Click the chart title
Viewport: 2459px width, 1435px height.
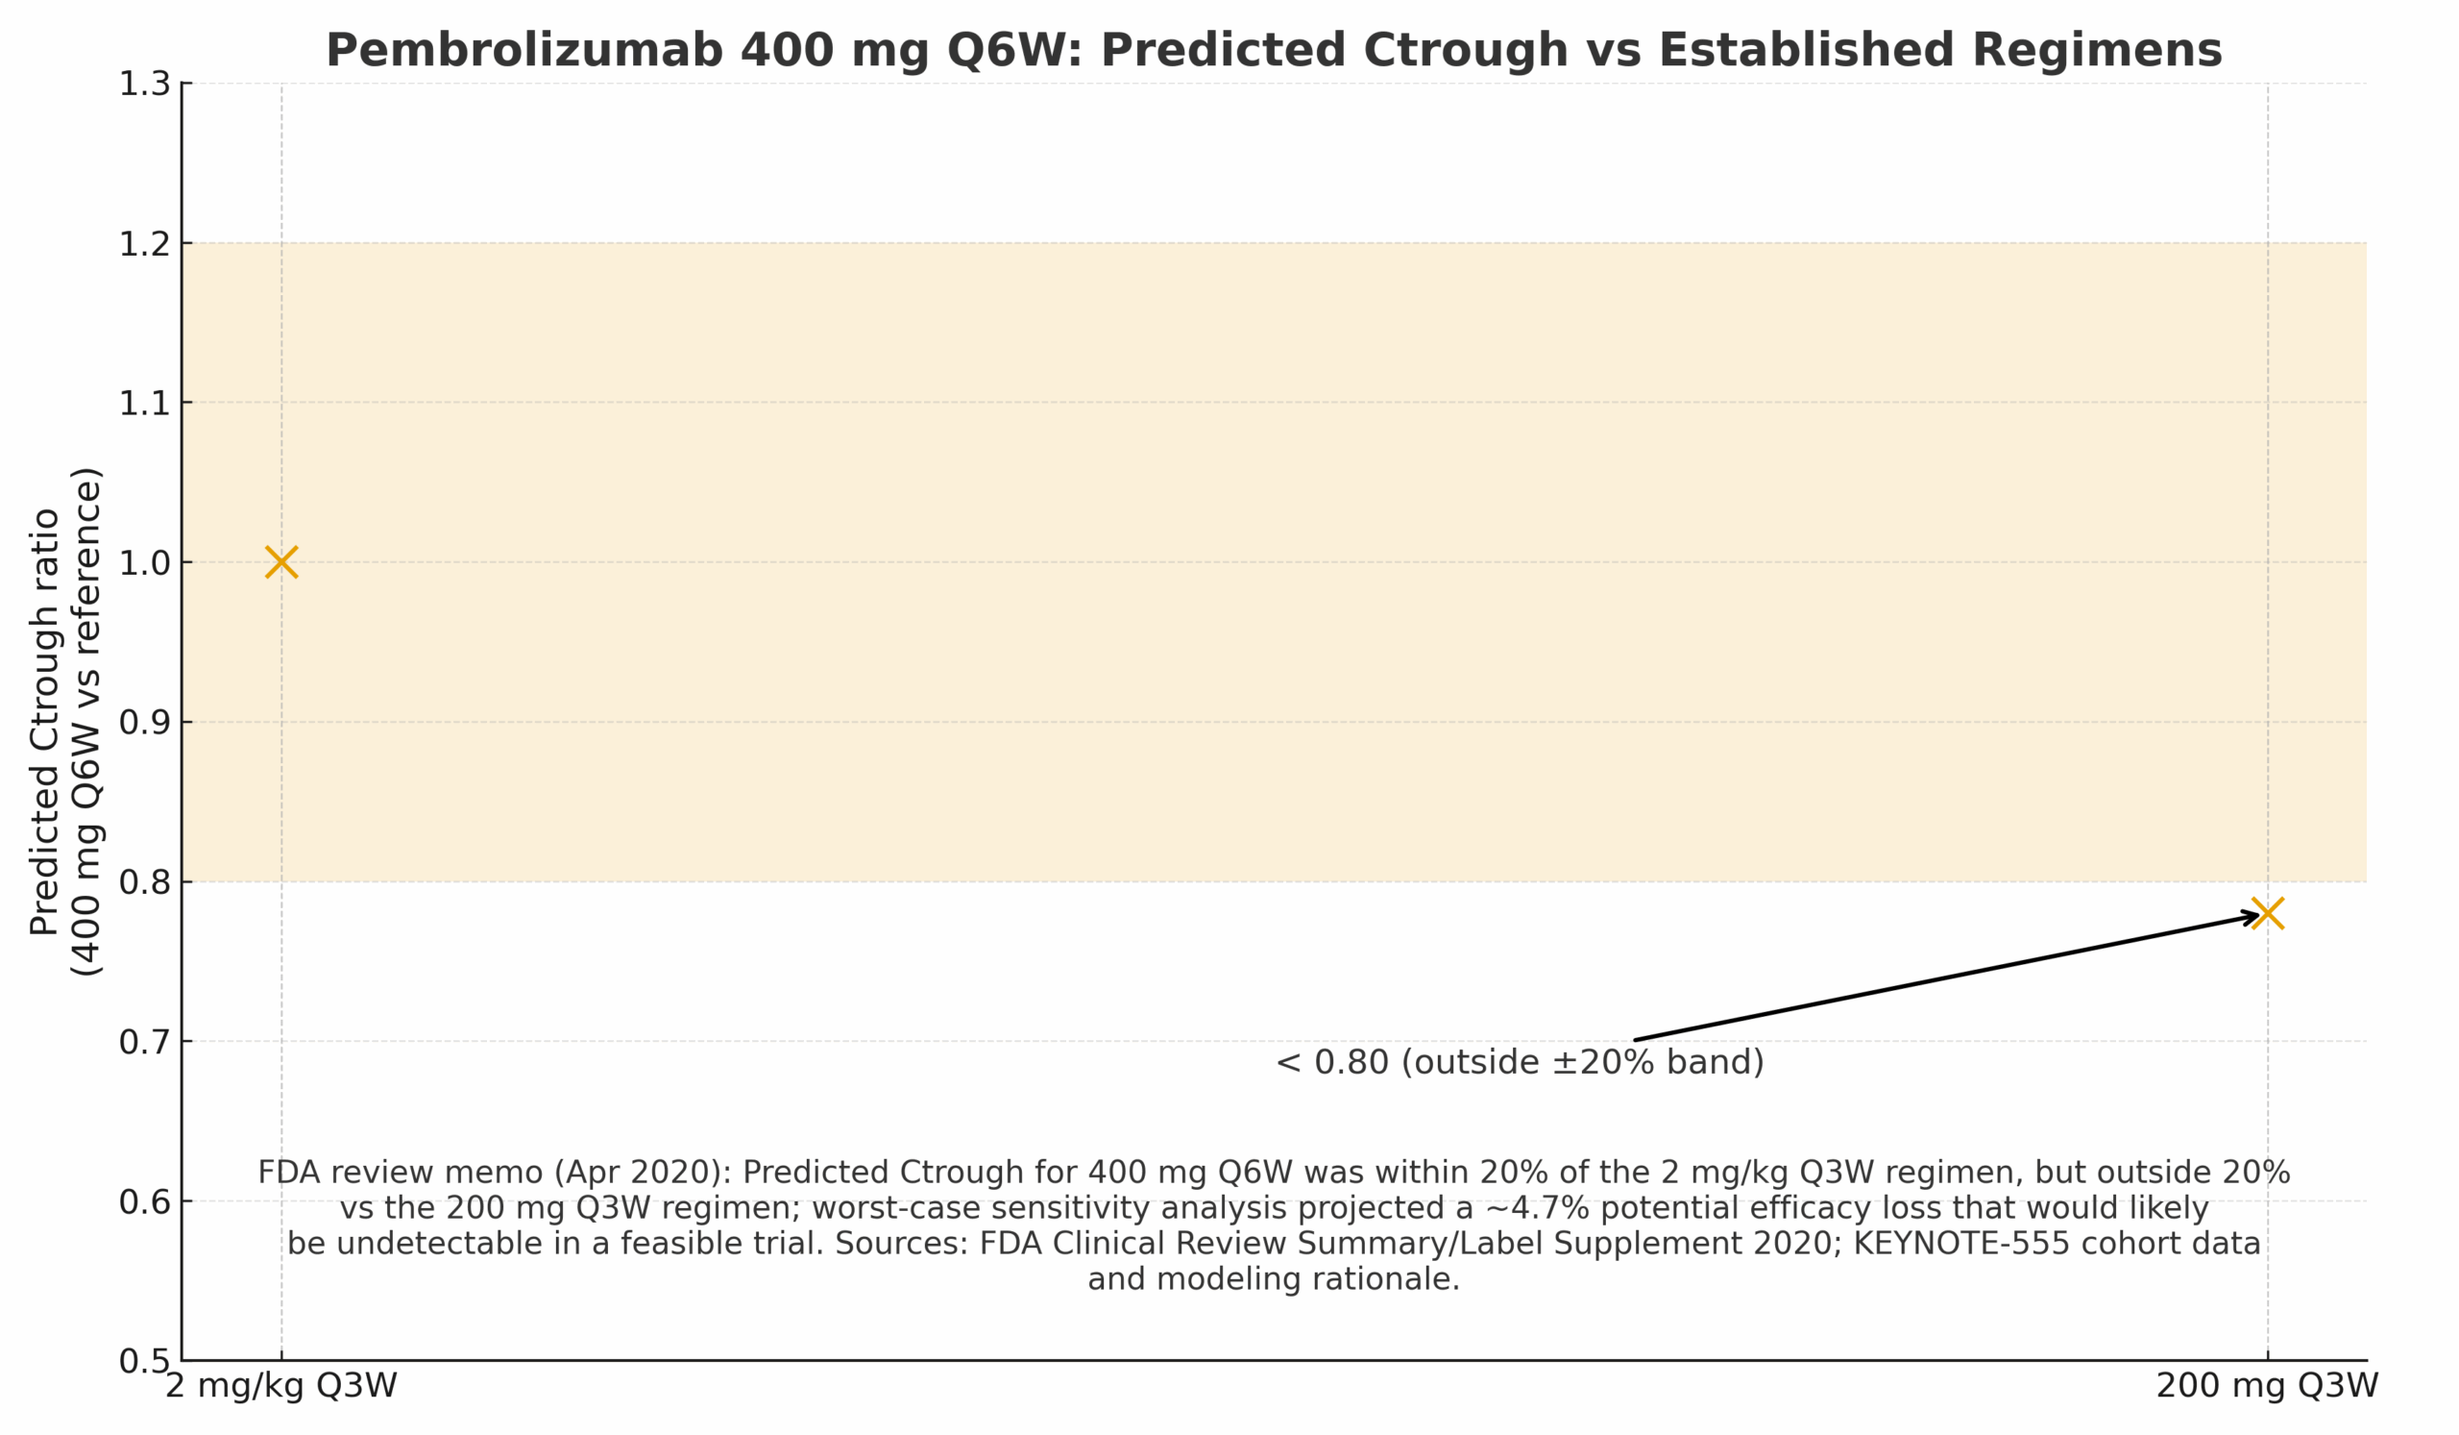point(1274,51)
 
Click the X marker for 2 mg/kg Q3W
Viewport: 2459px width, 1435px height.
point(281,562)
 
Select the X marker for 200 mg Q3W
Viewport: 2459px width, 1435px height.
point(2268,914)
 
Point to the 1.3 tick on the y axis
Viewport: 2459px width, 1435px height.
point(144,84)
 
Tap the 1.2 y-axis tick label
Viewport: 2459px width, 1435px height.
point(144,244)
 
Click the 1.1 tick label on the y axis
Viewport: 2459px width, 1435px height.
point(144,403)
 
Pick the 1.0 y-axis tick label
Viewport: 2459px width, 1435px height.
point(144,563)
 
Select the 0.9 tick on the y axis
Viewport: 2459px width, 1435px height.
point(144,723)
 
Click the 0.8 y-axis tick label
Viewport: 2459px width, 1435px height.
point(144,882)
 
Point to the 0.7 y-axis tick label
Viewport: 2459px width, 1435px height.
point(144,1042)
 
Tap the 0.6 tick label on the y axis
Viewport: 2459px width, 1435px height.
point(144,1201)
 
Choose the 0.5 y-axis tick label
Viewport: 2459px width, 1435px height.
point(144,1361)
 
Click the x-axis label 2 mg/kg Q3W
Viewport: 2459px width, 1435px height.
point(281,1386)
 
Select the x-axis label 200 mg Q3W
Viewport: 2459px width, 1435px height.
point(2267,1386)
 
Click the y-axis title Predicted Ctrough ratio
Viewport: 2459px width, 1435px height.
point(46,723)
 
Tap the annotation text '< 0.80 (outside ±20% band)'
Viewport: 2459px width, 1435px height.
point(1520,1062)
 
